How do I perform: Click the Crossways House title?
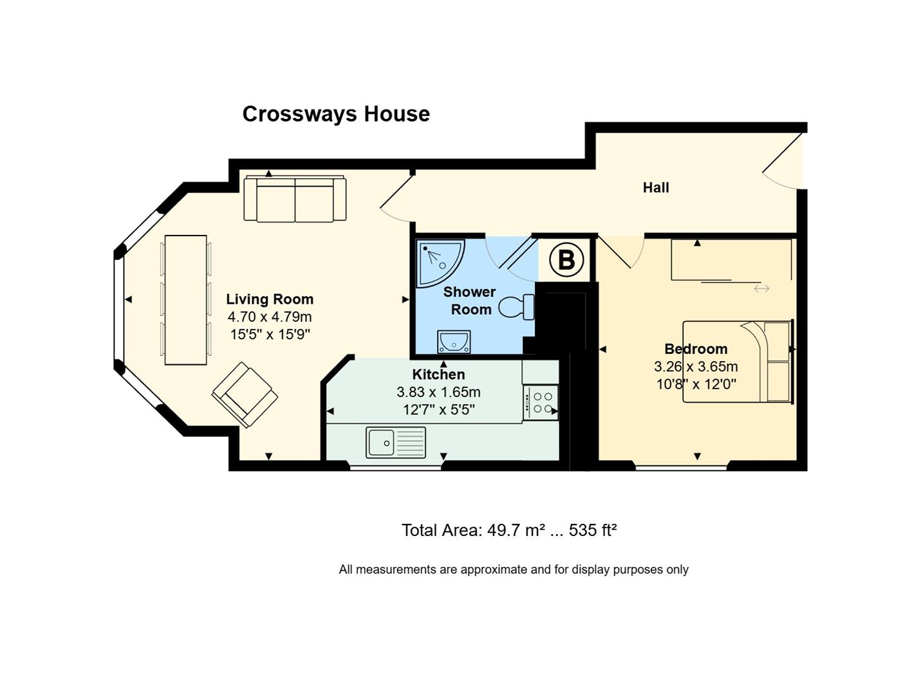(x=336, y=114)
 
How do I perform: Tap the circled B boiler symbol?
(x=566, y=260)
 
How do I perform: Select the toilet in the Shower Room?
(x=517, y=306)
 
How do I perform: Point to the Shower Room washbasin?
(x=454, y=342)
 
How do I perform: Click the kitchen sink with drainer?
(x=396, y=442)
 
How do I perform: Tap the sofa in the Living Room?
(x=295, y=199)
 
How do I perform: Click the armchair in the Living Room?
(x=245, y=394)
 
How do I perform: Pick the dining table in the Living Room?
(x=186, y=299)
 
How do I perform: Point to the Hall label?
(x=656, y=187)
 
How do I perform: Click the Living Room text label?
(x=270, y=299)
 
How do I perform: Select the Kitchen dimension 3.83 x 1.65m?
(x=438, y=392)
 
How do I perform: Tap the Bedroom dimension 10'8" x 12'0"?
(x=696, y=384)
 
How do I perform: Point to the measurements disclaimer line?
(x=514, y=570)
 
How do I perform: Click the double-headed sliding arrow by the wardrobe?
(x=761, y=288)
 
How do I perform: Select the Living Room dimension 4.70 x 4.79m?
(x=270, y=317)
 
